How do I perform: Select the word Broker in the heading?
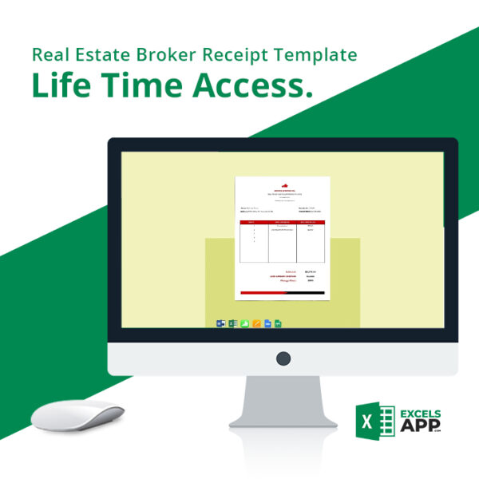(x=167, y=55)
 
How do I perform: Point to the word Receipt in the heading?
(x=232, y=55)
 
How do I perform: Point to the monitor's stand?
(x=283, y=399)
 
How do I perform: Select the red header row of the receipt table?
(x=283, y=221)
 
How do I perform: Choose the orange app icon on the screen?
(x=256, y=323)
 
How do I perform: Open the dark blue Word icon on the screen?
(x=221, y=323)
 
